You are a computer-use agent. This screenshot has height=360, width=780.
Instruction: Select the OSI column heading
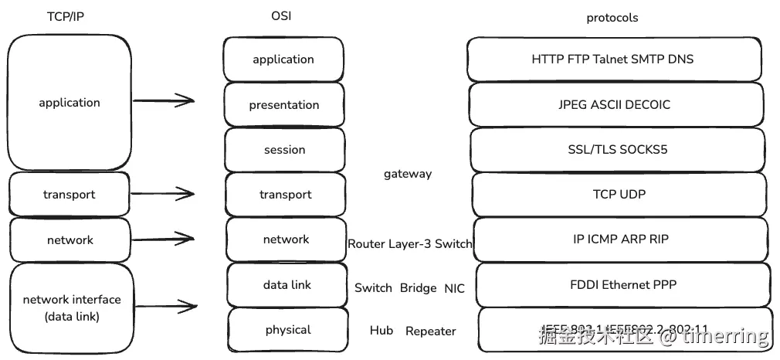282,16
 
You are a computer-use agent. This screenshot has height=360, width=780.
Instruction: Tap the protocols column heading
612,17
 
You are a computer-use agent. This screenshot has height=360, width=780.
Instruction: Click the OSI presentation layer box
284,105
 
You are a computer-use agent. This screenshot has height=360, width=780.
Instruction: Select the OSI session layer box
284,150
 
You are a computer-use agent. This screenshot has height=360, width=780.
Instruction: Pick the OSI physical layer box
287,330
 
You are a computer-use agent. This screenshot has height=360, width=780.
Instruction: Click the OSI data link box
287,285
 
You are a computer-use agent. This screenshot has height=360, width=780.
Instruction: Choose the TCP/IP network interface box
71,307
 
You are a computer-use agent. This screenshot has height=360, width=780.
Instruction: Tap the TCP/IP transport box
70,195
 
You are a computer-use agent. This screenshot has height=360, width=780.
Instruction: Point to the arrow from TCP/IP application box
164,100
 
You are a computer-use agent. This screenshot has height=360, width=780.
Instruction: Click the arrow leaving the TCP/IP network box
163,237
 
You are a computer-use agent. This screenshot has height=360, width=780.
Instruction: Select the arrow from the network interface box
164,307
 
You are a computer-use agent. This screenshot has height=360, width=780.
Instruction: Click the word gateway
408,174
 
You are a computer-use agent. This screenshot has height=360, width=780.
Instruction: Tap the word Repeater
431,331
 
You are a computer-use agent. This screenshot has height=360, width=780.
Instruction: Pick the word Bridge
419,287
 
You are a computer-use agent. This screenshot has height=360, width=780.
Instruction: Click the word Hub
382,331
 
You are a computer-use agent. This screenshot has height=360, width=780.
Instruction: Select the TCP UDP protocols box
619,195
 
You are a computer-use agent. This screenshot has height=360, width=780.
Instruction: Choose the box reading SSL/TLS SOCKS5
618,150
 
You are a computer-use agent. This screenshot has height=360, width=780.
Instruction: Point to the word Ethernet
625,284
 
